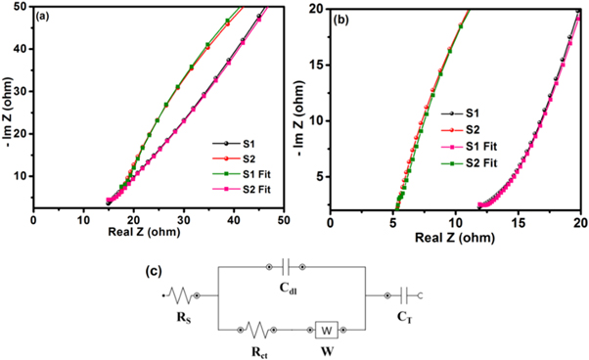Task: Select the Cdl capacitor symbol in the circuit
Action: click(286, 266)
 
